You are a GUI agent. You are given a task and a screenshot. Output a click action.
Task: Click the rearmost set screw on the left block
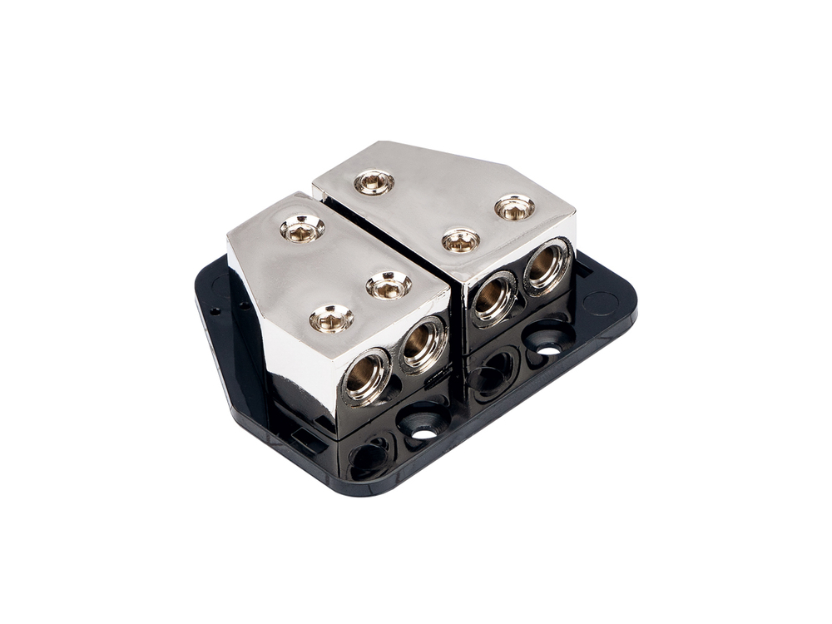point(301,227)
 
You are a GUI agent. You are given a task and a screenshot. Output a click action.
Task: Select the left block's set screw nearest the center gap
point(389,285)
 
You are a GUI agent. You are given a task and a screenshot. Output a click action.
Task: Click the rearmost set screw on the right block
point(374,181)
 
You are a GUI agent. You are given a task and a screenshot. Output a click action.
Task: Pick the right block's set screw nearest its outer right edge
point(514,207)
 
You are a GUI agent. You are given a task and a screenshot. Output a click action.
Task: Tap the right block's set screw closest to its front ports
point(460,240)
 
